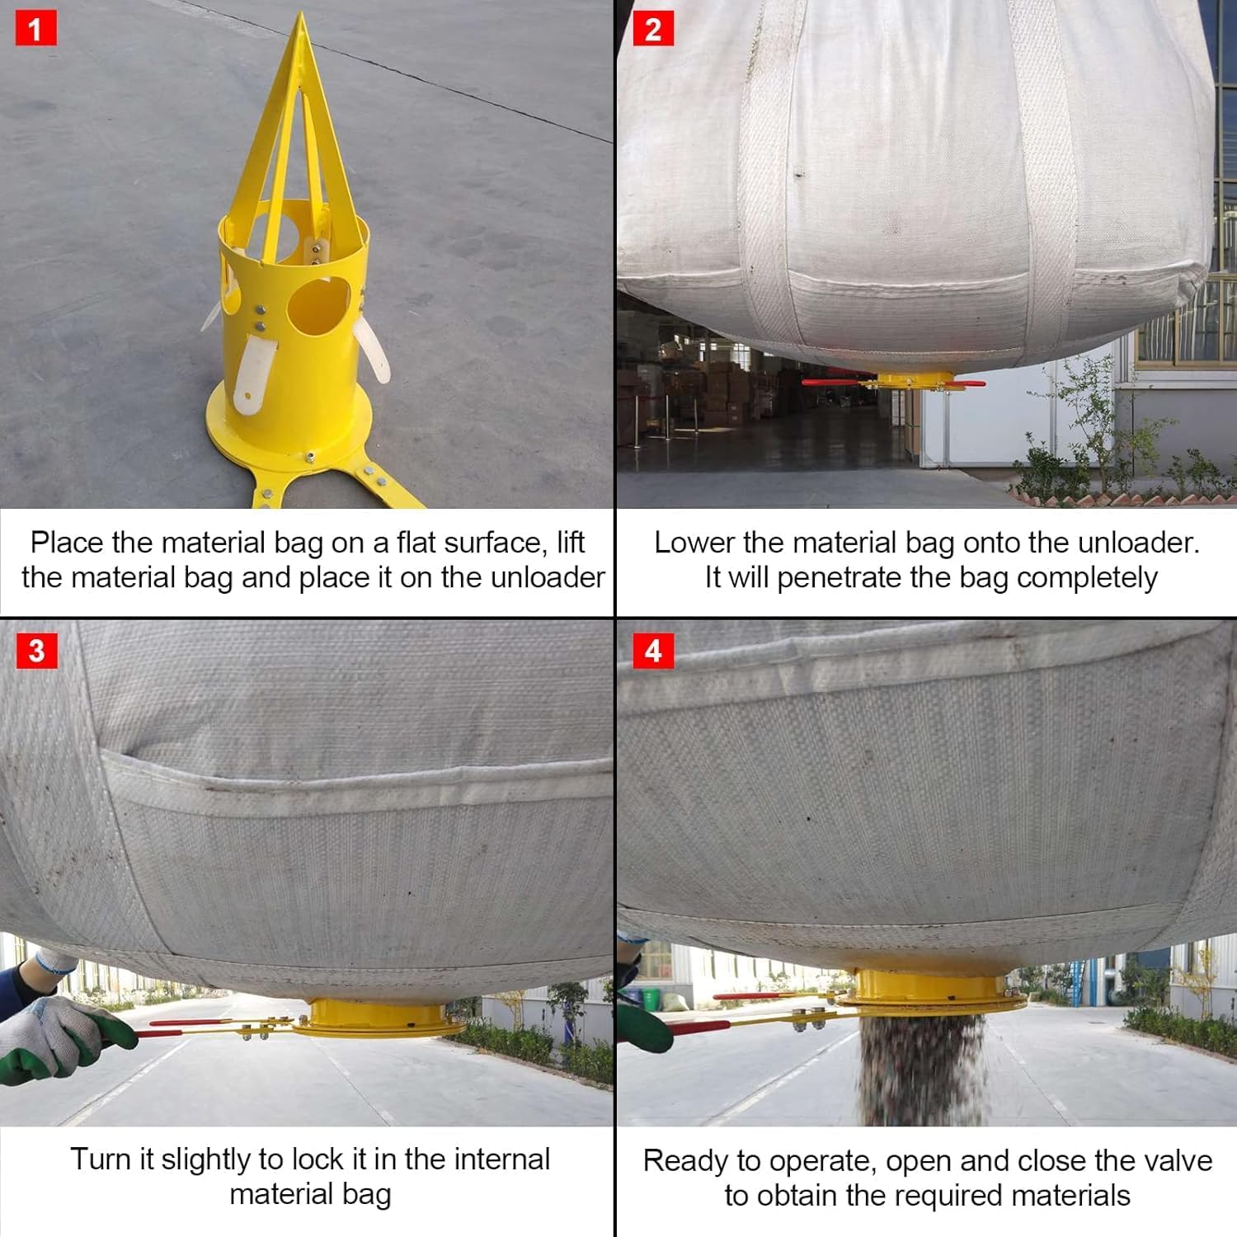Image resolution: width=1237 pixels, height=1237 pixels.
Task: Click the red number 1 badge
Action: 35,30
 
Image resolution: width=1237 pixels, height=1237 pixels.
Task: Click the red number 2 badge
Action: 652,30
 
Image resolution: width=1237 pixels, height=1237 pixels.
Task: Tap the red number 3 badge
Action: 35,651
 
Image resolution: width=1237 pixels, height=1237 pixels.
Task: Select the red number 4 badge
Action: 652,651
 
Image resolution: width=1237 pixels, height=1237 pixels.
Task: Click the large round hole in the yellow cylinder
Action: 319,305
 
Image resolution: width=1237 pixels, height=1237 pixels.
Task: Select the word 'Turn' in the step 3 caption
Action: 99,1159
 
